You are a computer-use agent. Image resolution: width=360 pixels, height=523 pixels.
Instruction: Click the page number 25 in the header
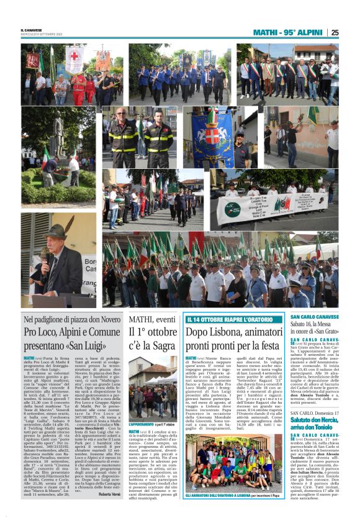point(335,32)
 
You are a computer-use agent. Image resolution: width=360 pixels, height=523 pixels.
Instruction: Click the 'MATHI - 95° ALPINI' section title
point(287,32)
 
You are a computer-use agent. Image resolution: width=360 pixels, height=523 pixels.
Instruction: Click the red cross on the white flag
point(74,60)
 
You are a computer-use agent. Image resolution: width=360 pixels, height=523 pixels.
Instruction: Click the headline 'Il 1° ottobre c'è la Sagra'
point(153,339)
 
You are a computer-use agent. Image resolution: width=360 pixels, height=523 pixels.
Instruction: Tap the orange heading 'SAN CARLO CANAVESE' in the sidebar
point(315,317)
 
